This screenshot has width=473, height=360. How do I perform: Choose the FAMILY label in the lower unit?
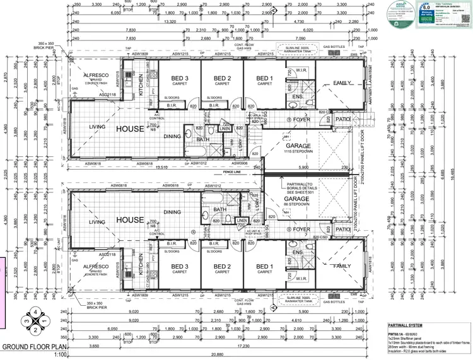point(343,267)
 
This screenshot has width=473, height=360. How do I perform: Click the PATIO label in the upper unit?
point(343,119)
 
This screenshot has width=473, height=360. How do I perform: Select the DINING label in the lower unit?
point(172,212)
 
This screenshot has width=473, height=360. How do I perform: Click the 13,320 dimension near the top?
point(168,21)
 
